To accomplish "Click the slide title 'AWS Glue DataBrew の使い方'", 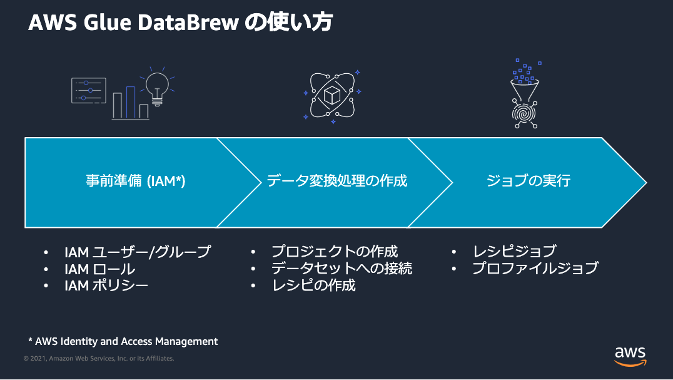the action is [x=180, y=23].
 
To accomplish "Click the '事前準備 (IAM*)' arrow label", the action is [x=136, y=181].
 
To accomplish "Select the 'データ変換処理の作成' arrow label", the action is [x=337, y=181].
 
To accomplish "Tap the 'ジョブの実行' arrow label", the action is [x=529, y=181].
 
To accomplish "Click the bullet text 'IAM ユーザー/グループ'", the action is [x=138, y=252].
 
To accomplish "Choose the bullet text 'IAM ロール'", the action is [x=99, y=269].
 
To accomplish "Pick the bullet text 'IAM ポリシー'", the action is [x=106, y=285].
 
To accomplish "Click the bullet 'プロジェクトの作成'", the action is [x=335, y=252].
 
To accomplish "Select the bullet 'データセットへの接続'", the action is [x=342, y=269].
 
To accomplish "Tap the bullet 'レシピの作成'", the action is [x=313, y=285].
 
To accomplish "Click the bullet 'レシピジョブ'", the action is [x=514, y=252].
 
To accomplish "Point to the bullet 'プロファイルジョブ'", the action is [x=535, y=269].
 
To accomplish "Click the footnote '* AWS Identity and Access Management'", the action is [x=123, y=341].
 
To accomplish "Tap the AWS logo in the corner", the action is [x=629, y=355].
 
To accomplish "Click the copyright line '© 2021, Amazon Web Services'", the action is [x=99, y=359].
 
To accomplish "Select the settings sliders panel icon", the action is [x=88, y=90].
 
